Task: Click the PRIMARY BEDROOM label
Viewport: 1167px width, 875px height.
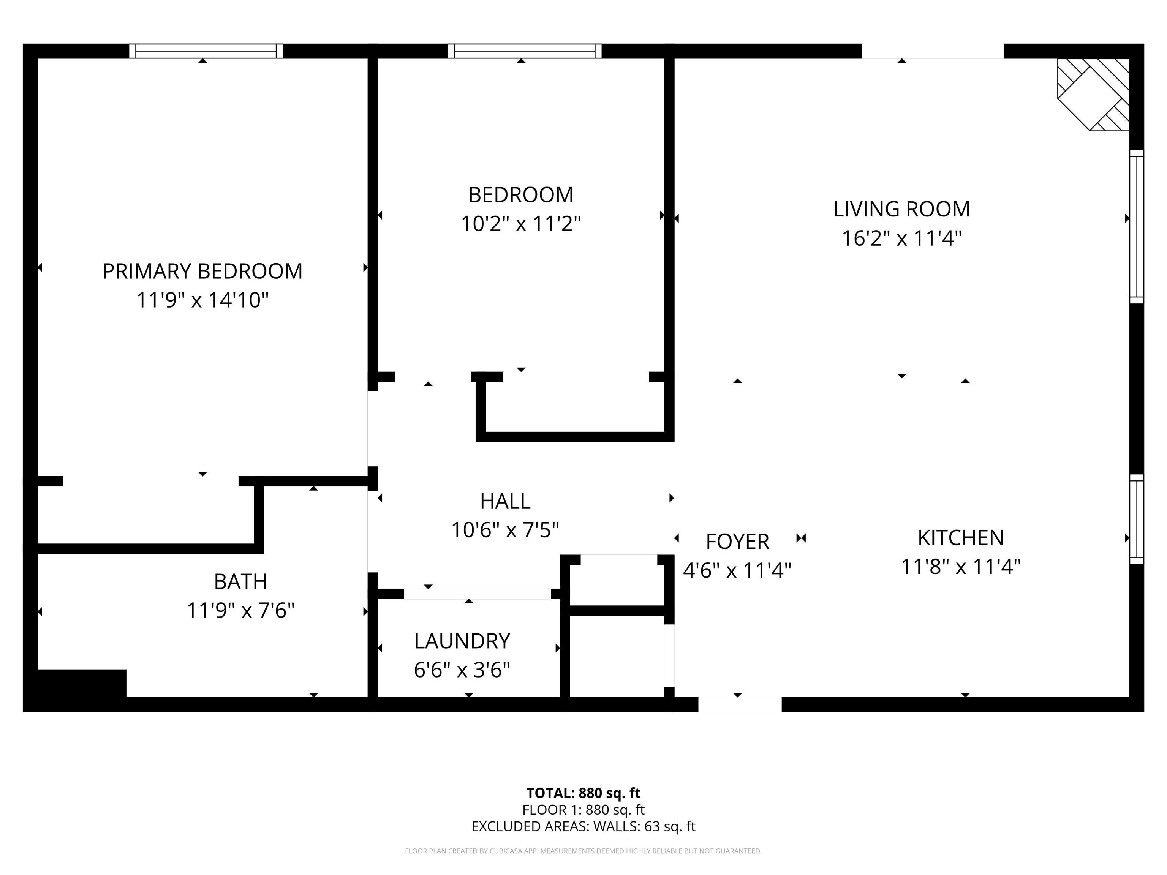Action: tap(202, 271)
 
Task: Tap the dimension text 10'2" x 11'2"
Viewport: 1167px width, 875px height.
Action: tap(521, 224)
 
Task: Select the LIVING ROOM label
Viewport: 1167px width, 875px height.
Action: tap(901, 209)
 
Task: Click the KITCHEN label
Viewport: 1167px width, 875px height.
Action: tap(960, 538)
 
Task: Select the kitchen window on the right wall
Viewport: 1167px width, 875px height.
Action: tap(1136, 519)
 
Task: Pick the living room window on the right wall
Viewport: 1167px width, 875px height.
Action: tap(1136, 227)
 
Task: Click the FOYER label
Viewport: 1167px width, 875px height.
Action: tap(737, 542)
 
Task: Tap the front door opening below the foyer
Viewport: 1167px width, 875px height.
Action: tap(740, 704)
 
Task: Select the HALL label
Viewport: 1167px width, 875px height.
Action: tap(505, 501)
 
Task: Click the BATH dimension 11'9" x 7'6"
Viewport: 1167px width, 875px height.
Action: tap(240, 611)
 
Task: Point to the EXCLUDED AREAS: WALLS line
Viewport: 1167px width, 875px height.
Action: tap(583, 826)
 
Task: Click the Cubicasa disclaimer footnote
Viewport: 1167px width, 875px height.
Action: tap(583, 851)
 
